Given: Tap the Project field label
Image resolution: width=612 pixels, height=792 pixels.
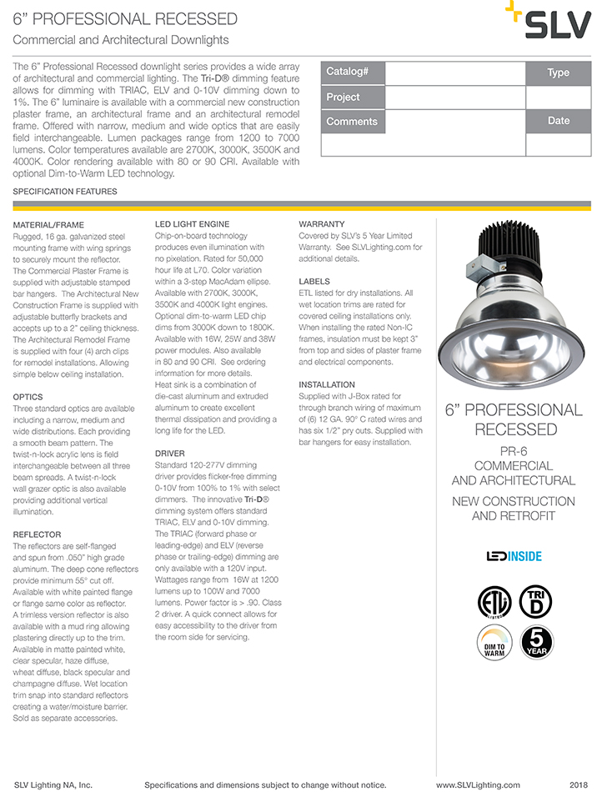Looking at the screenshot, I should pyautogui.click(x=344, y=97).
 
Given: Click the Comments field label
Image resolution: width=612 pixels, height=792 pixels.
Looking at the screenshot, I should pyautogui.click(x=352, y=121).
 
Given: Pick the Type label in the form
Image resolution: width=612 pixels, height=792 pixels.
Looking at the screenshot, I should pyautogui.click(x=558, y=73).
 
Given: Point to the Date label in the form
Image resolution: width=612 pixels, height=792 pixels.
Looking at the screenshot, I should pyautogui.click(x=558, y=121).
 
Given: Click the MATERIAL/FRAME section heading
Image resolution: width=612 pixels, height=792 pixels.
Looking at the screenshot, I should pyautogui.click(x=49, y=225).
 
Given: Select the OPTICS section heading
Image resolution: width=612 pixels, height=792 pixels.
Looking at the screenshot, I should pyautogui.click(x=31, y=396).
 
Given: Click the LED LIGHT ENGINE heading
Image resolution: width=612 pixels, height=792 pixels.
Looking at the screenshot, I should pyautogui.click(x=193, y=224).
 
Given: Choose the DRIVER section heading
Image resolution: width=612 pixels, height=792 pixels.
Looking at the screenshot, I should pyautogui.click(x=170, y=453).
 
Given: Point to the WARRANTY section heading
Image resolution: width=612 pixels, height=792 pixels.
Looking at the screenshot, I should pyautogui.click(x=322, y=224).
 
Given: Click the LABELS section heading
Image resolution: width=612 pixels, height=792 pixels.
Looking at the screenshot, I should pyautogui.click(x=314, y=281).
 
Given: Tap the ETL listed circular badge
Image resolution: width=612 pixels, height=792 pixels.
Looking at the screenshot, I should pyautogui.click(x=493, y=603).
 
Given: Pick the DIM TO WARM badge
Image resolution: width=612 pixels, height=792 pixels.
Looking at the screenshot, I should pyautogui.click(x=493, y=644).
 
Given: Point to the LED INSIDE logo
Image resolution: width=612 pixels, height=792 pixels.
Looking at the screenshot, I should pyautogui.click(x=514, y=556).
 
